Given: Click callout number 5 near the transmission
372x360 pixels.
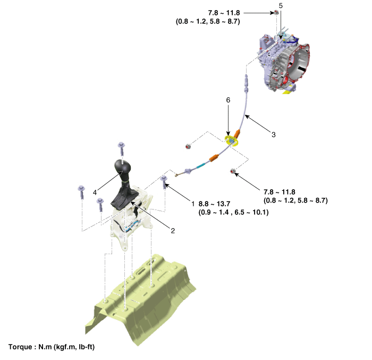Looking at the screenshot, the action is pyautogui.click(x=281, y=6).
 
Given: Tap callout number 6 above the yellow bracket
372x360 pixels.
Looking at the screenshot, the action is pyautogui.click(x=228, y=100).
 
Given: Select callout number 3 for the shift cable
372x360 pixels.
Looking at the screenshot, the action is pyautogui.click(x=274, y=135).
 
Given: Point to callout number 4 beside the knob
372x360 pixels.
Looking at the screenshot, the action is pyautogui.click(x=95, y=192).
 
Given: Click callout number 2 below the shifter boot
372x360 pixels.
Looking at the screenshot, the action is pyautogui.click(x=173, y=231).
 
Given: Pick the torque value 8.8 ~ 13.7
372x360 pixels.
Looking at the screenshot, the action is pyautogui.click(x=214, y=204).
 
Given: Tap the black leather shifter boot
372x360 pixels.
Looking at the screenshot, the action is pyautogui.click(x=124, y=195).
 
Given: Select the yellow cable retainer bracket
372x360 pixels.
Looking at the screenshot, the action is pyautogui.click(x=232, y=140).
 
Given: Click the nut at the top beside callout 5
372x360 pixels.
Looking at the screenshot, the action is pyautogui.click(x=276, y=12).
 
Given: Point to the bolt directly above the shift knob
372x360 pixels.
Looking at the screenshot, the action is pyautogui.click(x=122, y=148).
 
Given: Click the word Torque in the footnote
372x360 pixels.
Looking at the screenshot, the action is pyautogui.click(x=20, y=347).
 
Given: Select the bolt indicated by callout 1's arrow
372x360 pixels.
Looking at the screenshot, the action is pyautogui.click(x=164, y=182).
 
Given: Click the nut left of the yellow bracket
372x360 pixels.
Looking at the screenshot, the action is pyautogui.click(x=188, y=146).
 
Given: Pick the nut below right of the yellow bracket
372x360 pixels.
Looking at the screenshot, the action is pyautogui.click(x=233, y=171).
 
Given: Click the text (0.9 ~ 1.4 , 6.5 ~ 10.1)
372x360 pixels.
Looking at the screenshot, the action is pyautogui.click(x=233, y=212).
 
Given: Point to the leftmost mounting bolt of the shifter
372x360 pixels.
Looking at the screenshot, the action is pyautogui.click(x=81, y=192).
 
